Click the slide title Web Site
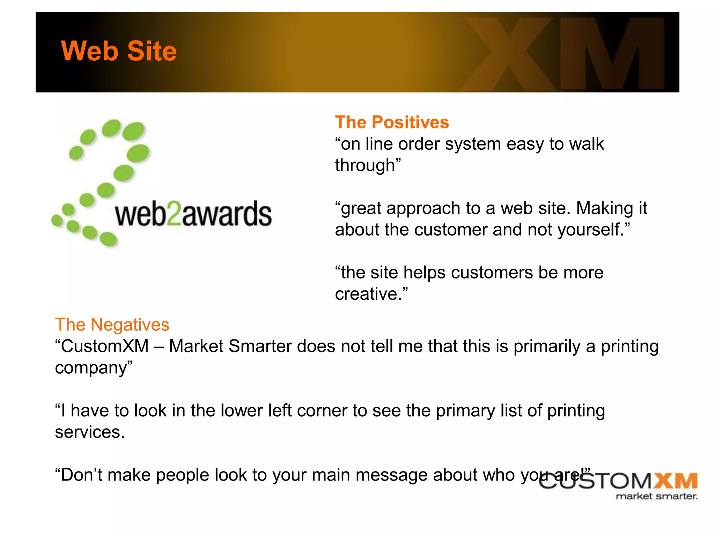click(119, 51)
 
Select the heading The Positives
click(392, 122)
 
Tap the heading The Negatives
click(112, 325)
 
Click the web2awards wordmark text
click(193, 214)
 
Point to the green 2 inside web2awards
click(174, 214)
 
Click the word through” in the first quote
click(368, 165)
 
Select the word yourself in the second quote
click(590, 230)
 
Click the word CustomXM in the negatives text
click(104, 346)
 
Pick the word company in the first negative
click(91, 368)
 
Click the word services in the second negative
click(87, 432)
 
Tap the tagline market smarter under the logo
click(656, 496)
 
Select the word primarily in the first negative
click(547, 346)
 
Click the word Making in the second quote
click(604, 208)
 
